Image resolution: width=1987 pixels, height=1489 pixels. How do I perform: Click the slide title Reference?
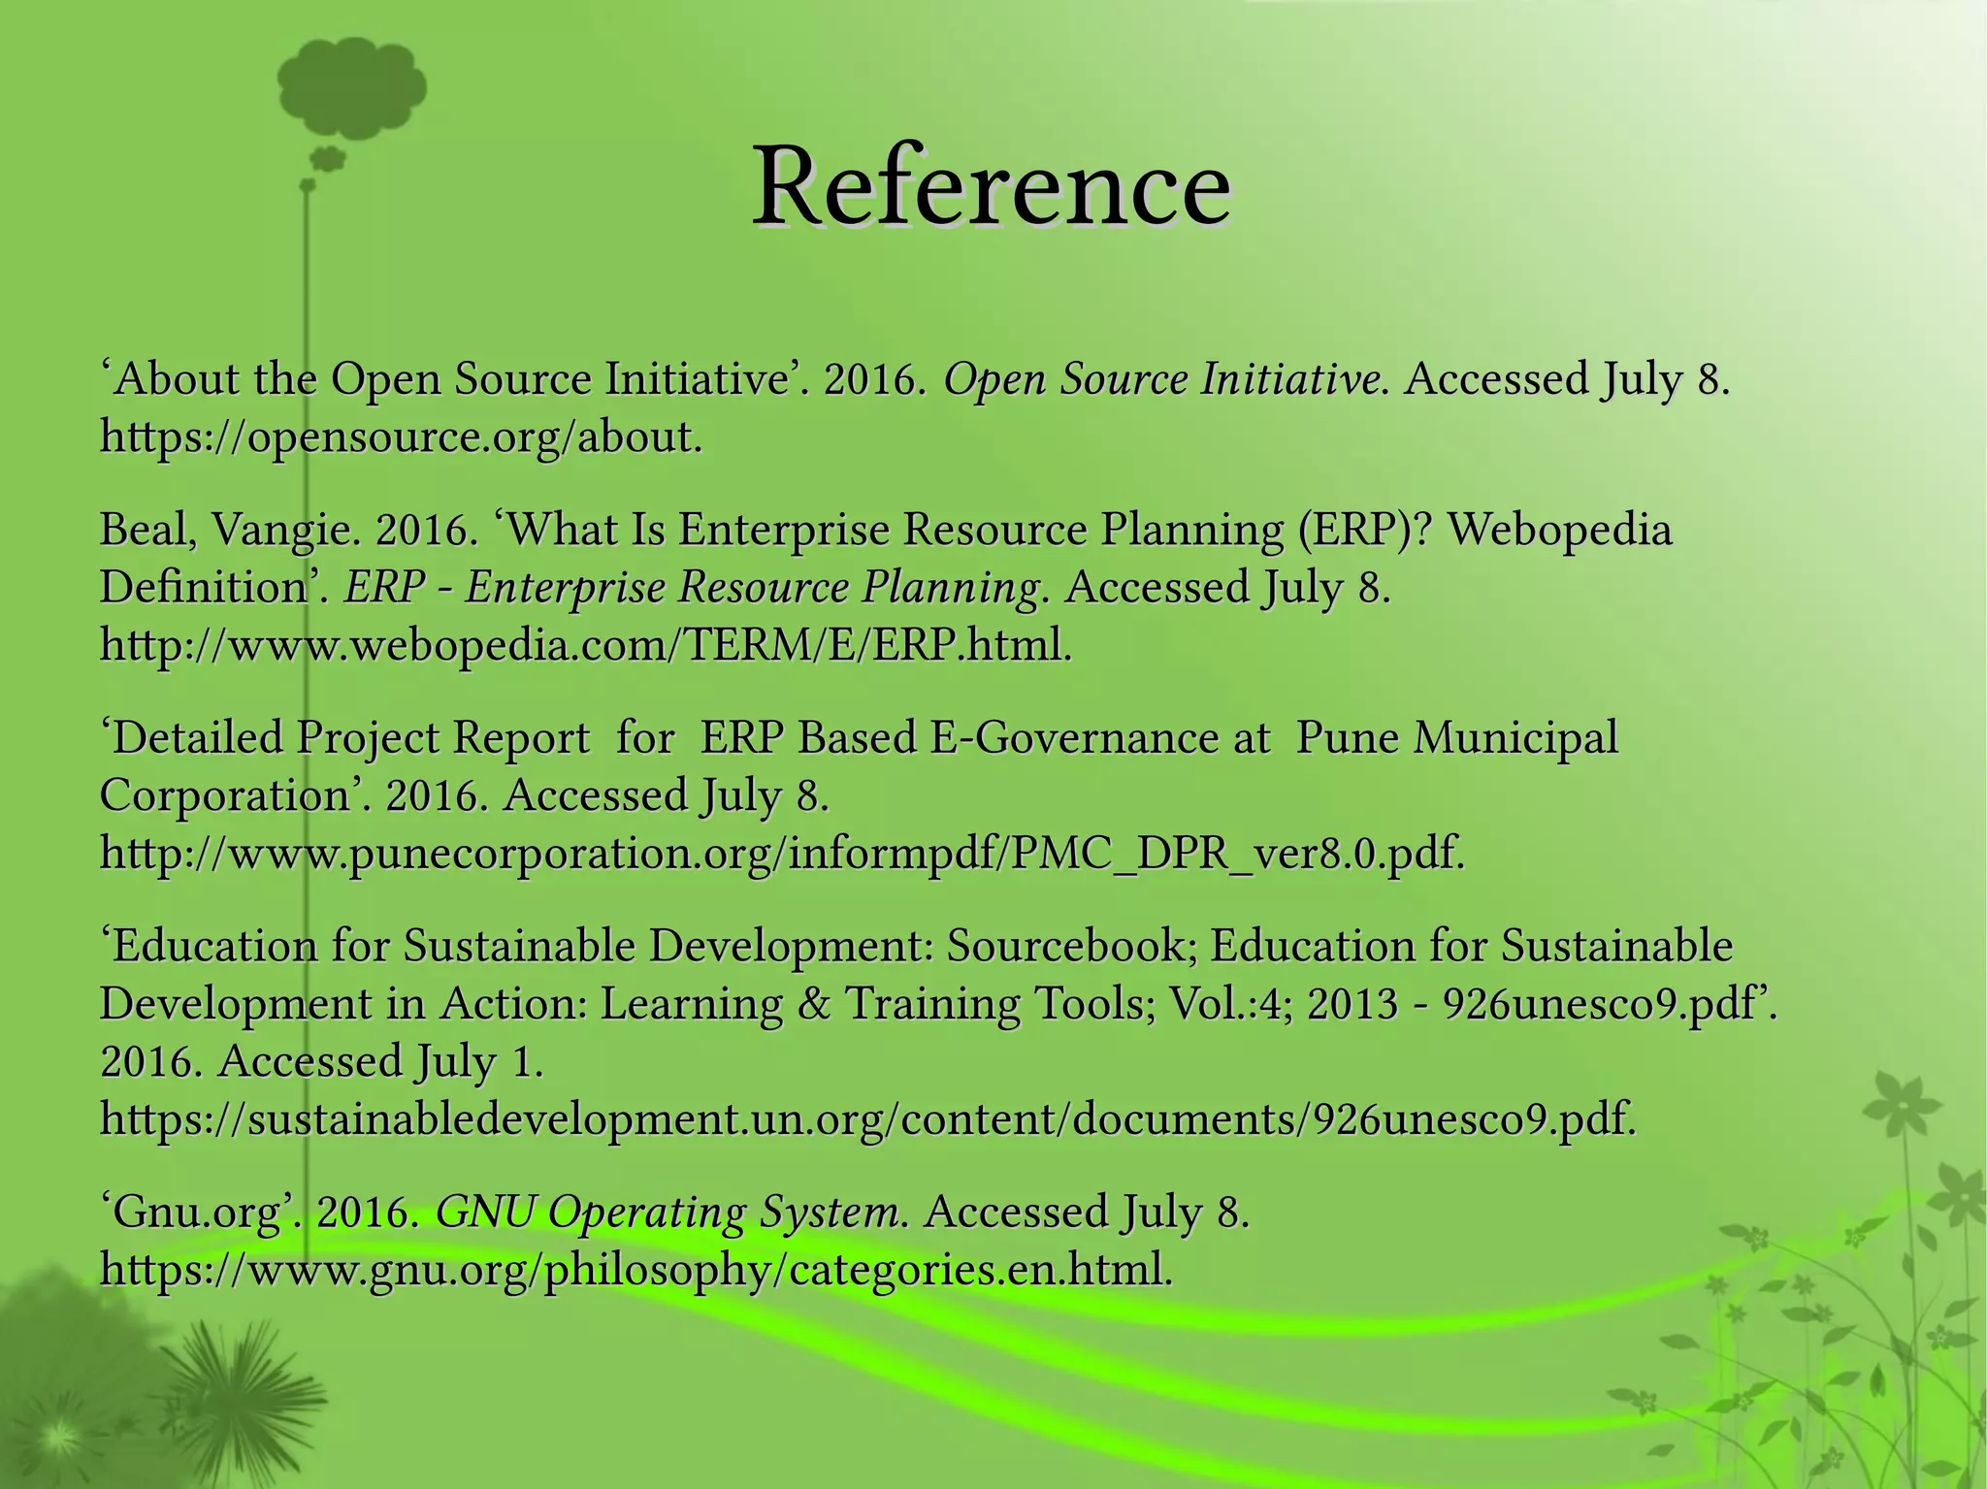point(992,186)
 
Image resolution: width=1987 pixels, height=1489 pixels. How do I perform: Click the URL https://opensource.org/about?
point(401,437)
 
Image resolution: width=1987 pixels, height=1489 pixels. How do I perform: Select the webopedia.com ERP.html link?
point(586,645)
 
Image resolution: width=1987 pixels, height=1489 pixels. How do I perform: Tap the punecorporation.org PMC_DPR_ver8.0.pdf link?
point(782,854)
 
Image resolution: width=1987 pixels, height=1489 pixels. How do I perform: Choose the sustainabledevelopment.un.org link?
point(868,1119)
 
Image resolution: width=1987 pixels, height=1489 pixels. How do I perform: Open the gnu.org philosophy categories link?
point(636,1270)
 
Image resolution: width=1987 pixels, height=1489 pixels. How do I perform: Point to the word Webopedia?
point(1560,531)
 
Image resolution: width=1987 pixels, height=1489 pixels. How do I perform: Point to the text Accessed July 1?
point(380,1062)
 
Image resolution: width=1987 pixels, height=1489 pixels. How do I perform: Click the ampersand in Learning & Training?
point(813,1004)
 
